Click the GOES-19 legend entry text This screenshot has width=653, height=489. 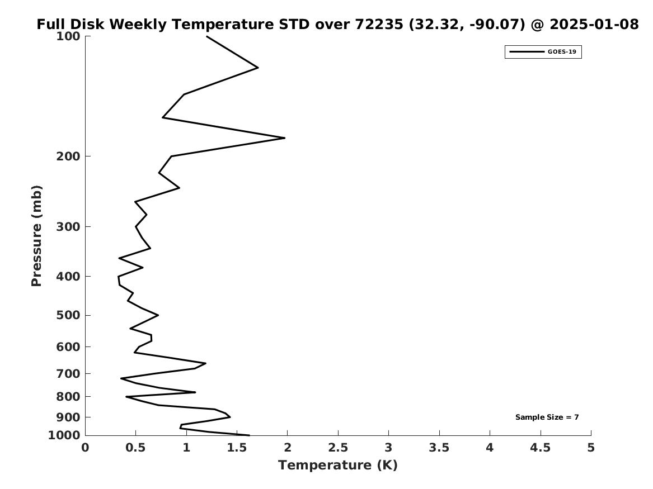point(562,52)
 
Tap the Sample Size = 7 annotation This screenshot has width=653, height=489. point(547,417)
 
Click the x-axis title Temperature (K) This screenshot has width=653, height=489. point(337,465)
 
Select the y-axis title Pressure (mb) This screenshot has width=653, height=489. point(37,235)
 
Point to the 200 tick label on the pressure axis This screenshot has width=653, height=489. point(69,156)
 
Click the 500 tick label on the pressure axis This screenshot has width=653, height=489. point(69,315)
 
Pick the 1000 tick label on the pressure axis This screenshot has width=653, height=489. point(66,435)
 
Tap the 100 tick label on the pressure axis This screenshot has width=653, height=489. point(69,36)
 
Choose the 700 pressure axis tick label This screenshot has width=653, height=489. point(69,373)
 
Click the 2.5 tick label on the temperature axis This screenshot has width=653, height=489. point(338,448)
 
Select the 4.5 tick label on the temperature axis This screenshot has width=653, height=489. point(541,448)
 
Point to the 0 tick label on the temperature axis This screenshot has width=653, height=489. point(85,448)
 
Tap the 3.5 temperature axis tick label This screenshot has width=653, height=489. point(439,448)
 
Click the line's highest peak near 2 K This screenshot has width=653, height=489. point(284,137)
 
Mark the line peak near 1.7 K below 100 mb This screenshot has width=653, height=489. point(257,68)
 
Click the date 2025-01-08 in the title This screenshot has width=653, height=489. point(594,25)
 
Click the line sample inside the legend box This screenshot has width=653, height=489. point(526,52)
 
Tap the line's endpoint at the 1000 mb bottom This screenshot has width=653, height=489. point(249,435)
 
